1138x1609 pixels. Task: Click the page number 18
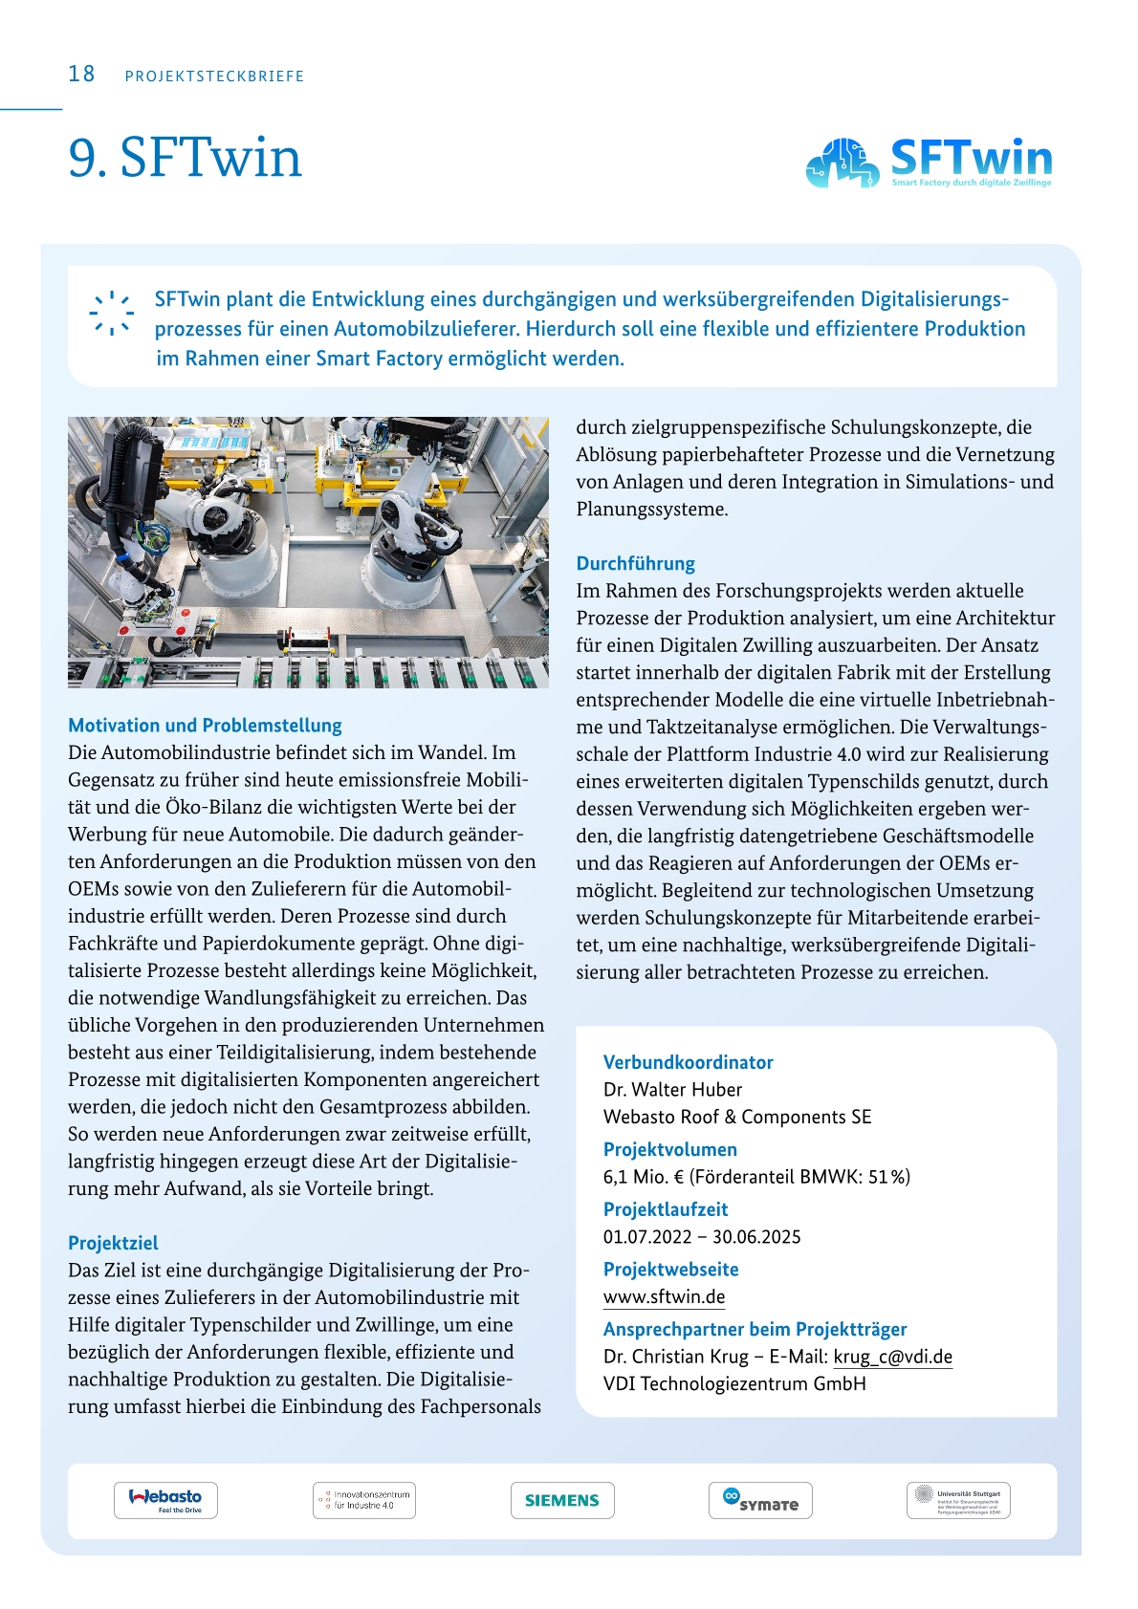81,75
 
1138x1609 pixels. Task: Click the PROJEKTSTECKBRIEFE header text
214,76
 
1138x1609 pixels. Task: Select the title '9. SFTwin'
185,158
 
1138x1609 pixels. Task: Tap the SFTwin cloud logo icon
842,163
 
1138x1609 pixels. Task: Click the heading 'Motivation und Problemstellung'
205,726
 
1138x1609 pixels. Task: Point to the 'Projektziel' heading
113,1243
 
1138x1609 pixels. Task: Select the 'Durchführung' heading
635,563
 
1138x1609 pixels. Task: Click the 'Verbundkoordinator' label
688,1062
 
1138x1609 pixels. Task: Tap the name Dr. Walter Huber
672,1090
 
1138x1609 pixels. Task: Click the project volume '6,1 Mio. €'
644,1177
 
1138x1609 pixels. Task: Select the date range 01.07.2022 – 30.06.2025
702,1237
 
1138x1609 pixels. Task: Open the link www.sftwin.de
664,1297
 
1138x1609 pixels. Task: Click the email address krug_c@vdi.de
892,1357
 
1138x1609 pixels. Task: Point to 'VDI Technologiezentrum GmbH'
734,1384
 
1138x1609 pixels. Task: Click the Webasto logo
165,1500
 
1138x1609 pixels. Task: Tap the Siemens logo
562,1500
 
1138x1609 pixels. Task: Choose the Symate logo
760,1500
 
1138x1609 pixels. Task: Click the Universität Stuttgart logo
958,1500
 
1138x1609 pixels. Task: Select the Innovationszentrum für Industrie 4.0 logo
364,1500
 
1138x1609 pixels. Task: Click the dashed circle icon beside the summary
111,313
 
